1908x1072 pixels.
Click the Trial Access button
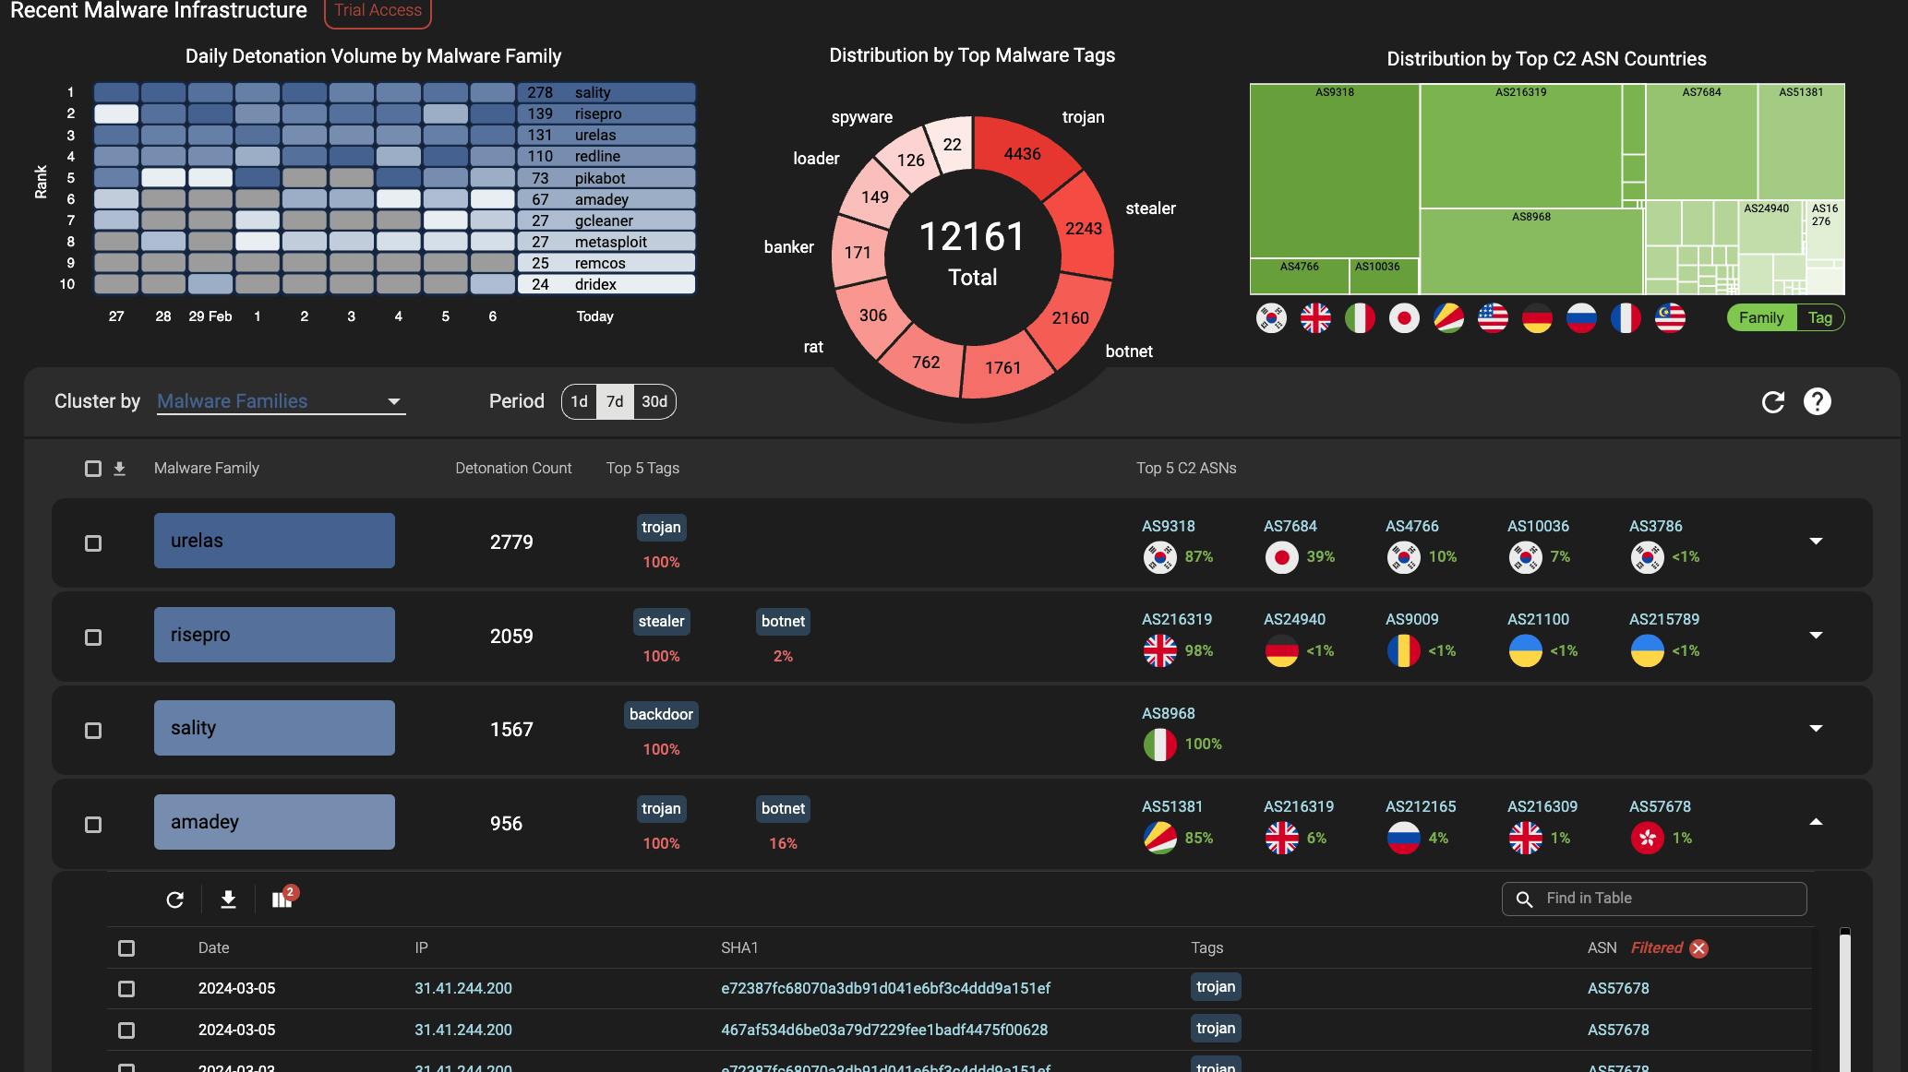click(x=378, y=11)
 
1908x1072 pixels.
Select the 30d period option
click(x=654, y=401)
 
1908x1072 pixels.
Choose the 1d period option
click(x=579, y=401)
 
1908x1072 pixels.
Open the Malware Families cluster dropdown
click(x=281, y=401)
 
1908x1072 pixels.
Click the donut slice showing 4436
click(x=1022, y=154)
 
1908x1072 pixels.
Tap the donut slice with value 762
click(x=926, y=362)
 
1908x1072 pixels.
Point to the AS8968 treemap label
click(x=1531, y=217)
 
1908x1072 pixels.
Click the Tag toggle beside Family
click(x=1819, y=317)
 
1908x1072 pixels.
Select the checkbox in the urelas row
click(x=93, y=543)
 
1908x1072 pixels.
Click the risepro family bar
click(x=274, y=635)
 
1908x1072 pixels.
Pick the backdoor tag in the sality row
click(x=661, y=715)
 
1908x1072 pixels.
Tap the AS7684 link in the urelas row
click(x=1290, y=526)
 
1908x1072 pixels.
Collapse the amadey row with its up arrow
click(x=1816, y=822)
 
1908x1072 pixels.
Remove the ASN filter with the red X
click(x=1698, y=948)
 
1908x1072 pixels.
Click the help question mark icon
click(x=1817, y=401)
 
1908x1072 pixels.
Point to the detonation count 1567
click(x=511, y=730)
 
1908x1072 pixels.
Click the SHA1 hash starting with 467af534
click(x=884, y=1030)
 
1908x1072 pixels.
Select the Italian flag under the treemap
click(x=1360, y=318)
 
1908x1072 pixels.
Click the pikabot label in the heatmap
click(x=600, y=178)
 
